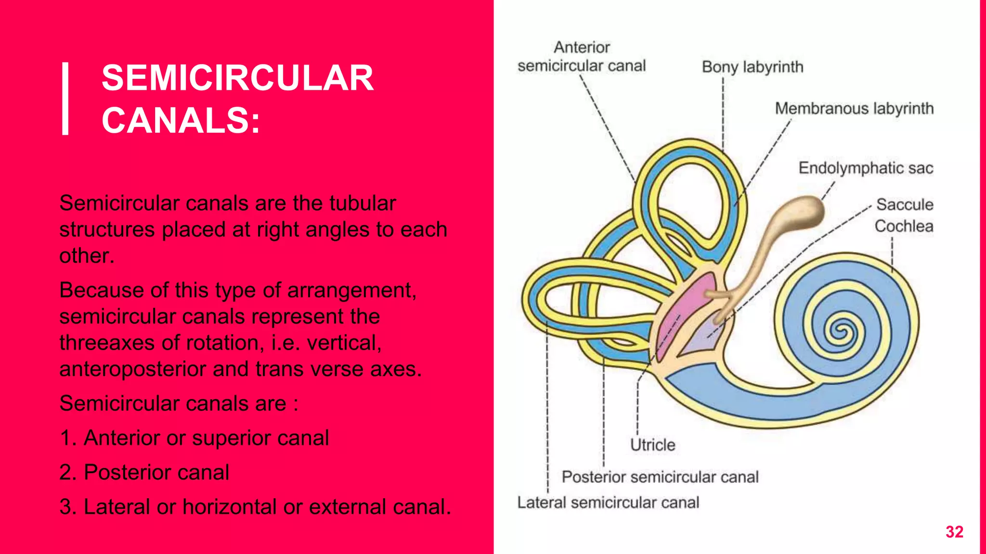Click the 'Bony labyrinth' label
(x=752, y=67)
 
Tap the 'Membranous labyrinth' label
(x=854, y=109)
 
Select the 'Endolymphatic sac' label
(x=866, y=168)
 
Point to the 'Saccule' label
(x=905, y=204)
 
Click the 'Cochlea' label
(x=904, y=226)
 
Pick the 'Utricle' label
(x=652, y=445)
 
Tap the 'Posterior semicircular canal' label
(x=660, y=477)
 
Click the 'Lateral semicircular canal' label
(x=608, y=503)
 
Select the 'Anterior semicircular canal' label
(x=582, y=57)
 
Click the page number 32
(x=954, y=532)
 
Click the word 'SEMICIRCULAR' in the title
(x=238, y=78)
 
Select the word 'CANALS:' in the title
(x=181, y=120)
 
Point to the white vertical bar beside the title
(x=66, y=99)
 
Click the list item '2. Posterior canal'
(x=144, y=472)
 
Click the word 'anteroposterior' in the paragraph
(x=132, y=369)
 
